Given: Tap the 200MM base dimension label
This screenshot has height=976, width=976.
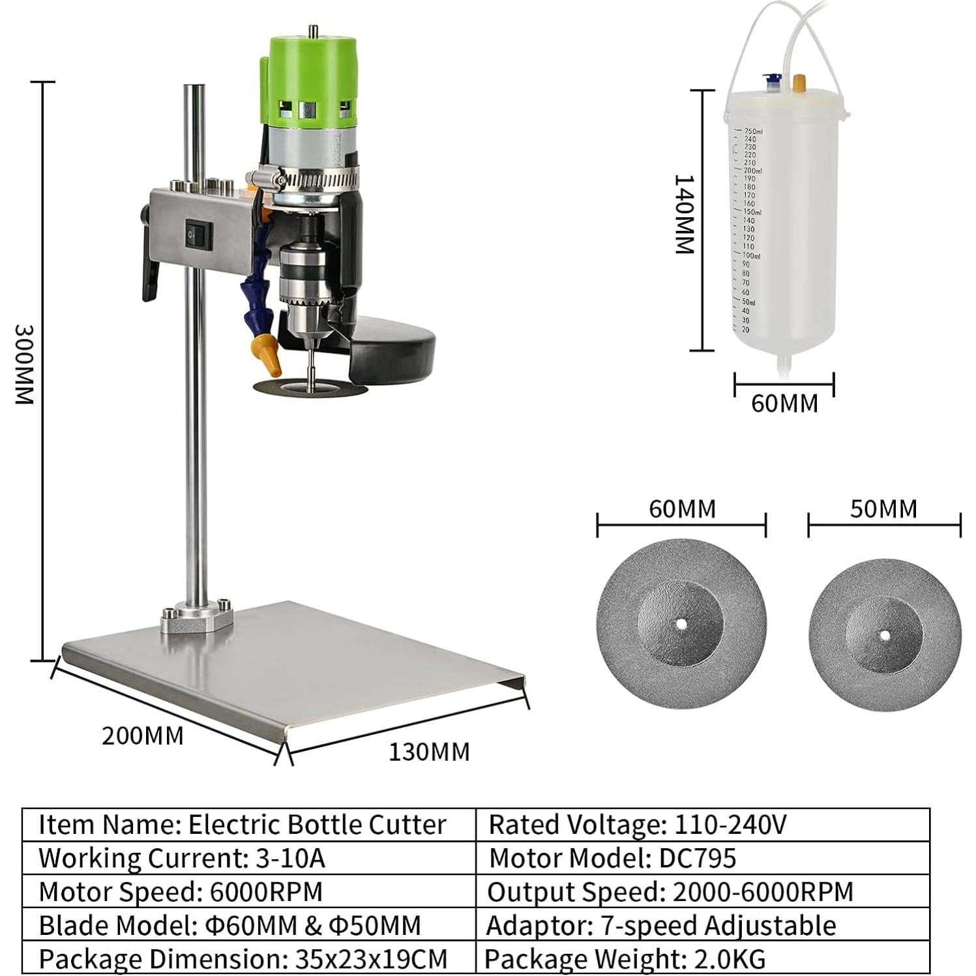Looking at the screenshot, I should point(142,735).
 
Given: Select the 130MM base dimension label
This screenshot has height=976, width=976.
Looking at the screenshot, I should point(429,752).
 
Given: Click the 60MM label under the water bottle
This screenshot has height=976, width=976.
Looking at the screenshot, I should point(784,404).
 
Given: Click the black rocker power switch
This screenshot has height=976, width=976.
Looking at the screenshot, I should point(198,235).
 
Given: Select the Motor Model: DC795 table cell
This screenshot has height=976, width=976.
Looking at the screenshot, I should point(703,858).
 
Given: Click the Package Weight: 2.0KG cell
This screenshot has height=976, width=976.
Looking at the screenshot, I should point(703,959).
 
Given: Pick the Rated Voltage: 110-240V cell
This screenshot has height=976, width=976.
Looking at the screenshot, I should point(703,825).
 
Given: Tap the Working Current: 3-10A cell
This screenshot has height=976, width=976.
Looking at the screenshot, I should point(249,858).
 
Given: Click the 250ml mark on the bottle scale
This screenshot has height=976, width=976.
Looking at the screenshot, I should point(753,131).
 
